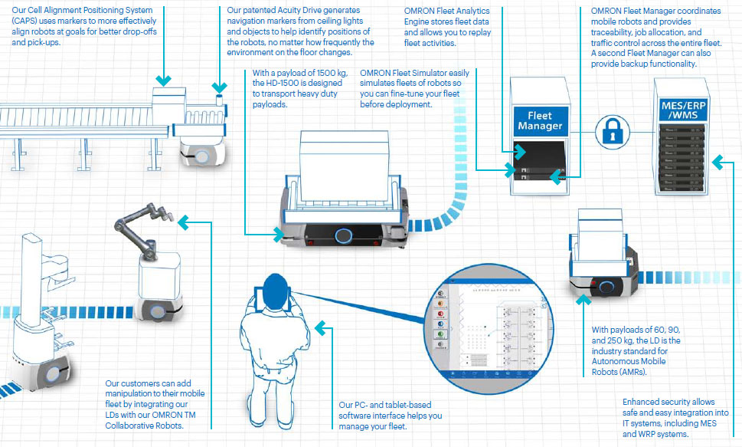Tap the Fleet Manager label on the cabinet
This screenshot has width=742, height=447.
(540, 120)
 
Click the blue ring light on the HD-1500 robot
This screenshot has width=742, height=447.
(344, 235)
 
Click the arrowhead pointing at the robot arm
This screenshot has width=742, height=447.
(183, 222)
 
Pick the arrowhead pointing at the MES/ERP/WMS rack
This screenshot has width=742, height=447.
(716, 162)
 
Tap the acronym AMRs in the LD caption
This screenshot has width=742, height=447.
(633, 372)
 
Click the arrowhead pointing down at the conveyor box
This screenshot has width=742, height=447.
(162, 80)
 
